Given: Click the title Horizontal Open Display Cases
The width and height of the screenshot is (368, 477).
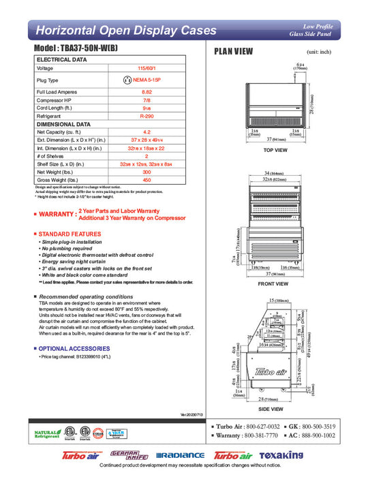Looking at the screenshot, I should (126, 31).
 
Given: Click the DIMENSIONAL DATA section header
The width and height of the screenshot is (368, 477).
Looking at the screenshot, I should (63, 125).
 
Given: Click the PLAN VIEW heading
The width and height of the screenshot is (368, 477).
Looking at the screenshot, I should (234, 51).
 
